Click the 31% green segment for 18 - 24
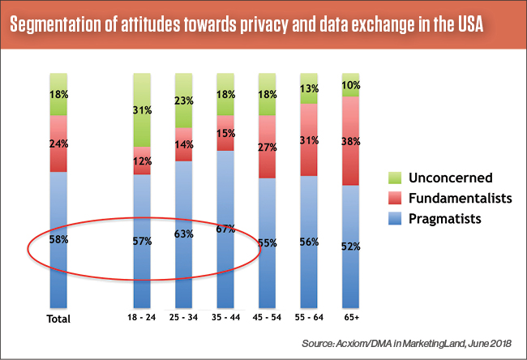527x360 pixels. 142,109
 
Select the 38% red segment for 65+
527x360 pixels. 351,140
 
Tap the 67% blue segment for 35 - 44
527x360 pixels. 226,229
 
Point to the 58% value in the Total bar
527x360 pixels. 58,240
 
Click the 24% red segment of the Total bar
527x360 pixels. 58,144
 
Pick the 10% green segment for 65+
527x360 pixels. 351,84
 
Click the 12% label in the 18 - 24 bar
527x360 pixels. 142,161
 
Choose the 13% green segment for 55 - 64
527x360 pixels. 309,88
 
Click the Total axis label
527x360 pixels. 58,319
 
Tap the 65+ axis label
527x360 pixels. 351,318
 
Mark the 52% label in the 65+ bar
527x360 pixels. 351,246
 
